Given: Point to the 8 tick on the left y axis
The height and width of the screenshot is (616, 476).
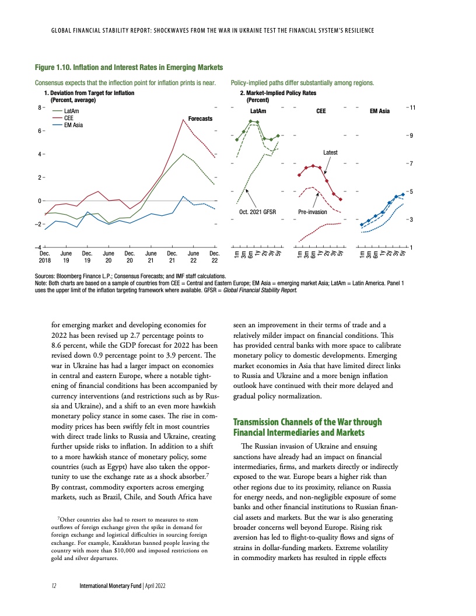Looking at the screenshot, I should coord(38,108).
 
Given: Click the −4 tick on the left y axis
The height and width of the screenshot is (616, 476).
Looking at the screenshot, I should coord(37,248).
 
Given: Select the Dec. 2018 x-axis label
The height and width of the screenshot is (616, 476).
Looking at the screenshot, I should coord(44,257).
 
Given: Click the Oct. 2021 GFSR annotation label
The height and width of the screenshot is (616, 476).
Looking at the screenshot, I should coord(257,212).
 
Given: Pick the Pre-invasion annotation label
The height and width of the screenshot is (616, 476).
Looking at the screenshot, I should coord(313,212).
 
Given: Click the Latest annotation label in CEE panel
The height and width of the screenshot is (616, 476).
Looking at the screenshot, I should coord(330,152).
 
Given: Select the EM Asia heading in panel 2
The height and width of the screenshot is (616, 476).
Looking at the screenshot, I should coord(380,111).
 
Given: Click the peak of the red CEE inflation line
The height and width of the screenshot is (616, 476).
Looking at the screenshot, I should coord(183,120).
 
